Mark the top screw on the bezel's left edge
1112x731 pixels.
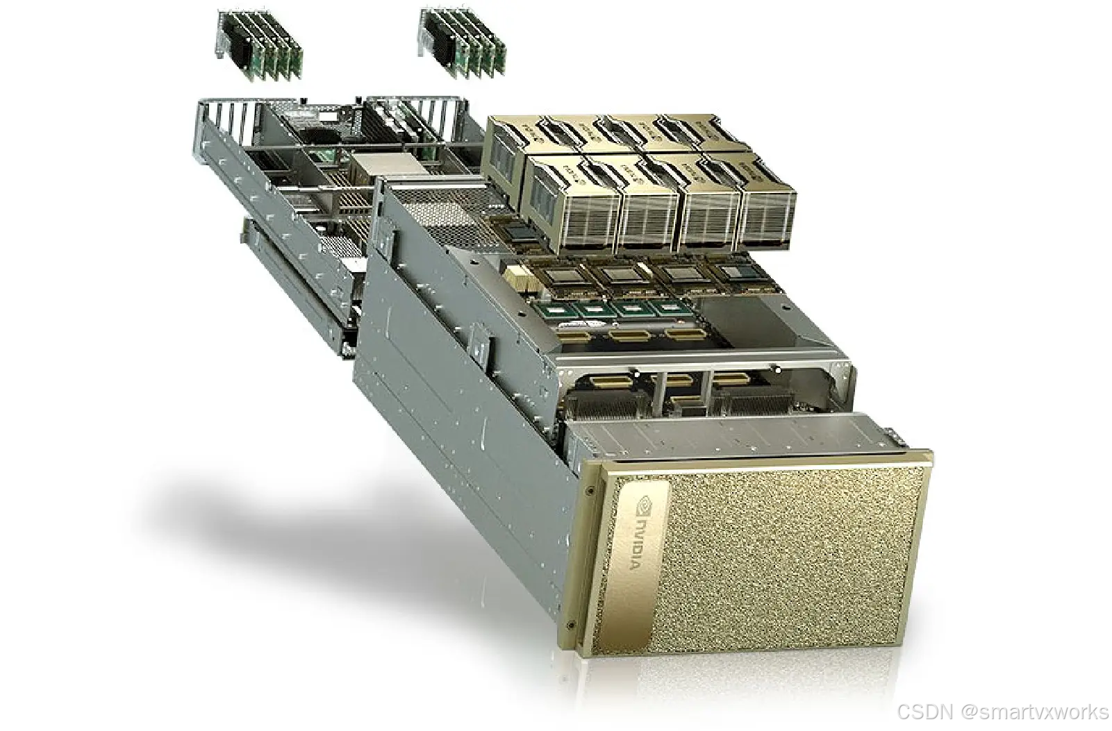(590, 490)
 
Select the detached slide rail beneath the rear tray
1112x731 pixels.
(292, 278)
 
